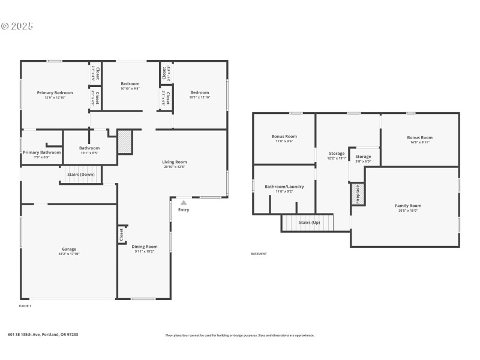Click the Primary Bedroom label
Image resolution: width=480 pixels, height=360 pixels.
(55, 93)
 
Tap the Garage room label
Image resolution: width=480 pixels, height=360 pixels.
(69, 249)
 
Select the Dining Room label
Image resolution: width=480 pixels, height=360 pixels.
(145, 247)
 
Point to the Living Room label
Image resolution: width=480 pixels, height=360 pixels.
(175, 162)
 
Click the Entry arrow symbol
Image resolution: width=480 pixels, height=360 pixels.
(184, 203)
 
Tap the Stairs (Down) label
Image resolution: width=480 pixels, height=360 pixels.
(81, 174)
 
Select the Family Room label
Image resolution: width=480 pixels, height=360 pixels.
(408, 206)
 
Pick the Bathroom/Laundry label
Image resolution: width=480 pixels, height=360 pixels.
(284, 187)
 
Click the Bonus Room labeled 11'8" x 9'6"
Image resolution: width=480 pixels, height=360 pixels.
(284, 137)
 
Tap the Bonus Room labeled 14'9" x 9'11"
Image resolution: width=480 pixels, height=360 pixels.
(419, 137)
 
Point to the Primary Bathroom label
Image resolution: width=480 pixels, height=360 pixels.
(42, 152)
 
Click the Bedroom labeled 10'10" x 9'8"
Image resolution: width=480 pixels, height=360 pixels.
(130, 84)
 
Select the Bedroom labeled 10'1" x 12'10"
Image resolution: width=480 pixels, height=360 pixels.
(200, 92)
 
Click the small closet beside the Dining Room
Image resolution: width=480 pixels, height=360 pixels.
(122, 234)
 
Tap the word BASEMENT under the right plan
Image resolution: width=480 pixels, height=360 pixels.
(259, 254)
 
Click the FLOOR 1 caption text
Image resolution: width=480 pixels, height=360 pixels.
(25, 306)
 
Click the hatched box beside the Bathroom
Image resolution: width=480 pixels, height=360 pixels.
(125, 142)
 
